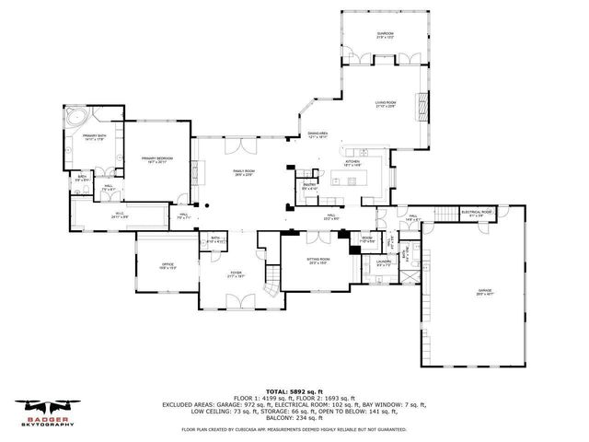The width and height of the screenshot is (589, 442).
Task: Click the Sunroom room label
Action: tap(385, 35)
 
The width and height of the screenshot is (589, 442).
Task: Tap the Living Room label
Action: tap(385, 103)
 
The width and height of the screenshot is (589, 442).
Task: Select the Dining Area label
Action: tap(318, 134)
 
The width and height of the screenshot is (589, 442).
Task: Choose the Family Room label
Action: tap(243, 172)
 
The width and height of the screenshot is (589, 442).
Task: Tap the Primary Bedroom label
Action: tap(157, 160)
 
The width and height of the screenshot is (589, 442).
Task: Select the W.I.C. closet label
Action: tap(120, 215)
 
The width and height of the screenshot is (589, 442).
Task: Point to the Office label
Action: tap(155, 266)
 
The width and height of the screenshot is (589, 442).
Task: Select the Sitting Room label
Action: tap(318, 261)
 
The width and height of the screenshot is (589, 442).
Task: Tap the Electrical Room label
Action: tap(477, 213)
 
